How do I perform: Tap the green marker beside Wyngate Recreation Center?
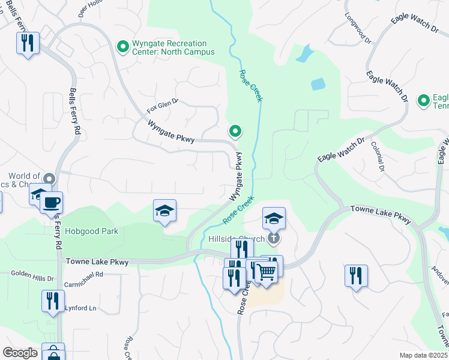[123, 46]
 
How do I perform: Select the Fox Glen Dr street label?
[163, 107]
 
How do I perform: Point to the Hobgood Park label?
[92, 231]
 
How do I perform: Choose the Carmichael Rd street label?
[83, 274]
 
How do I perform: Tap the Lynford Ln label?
[80, 308]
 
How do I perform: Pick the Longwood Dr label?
[355, 23]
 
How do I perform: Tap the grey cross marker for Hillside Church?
[274, 238]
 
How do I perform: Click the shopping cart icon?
[266, 271]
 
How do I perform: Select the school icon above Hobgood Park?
[164, 211]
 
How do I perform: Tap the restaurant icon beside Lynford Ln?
[53, 299]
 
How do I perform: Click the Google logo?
[20, 353]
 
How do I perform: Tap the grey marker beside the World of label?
[49, 179]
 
